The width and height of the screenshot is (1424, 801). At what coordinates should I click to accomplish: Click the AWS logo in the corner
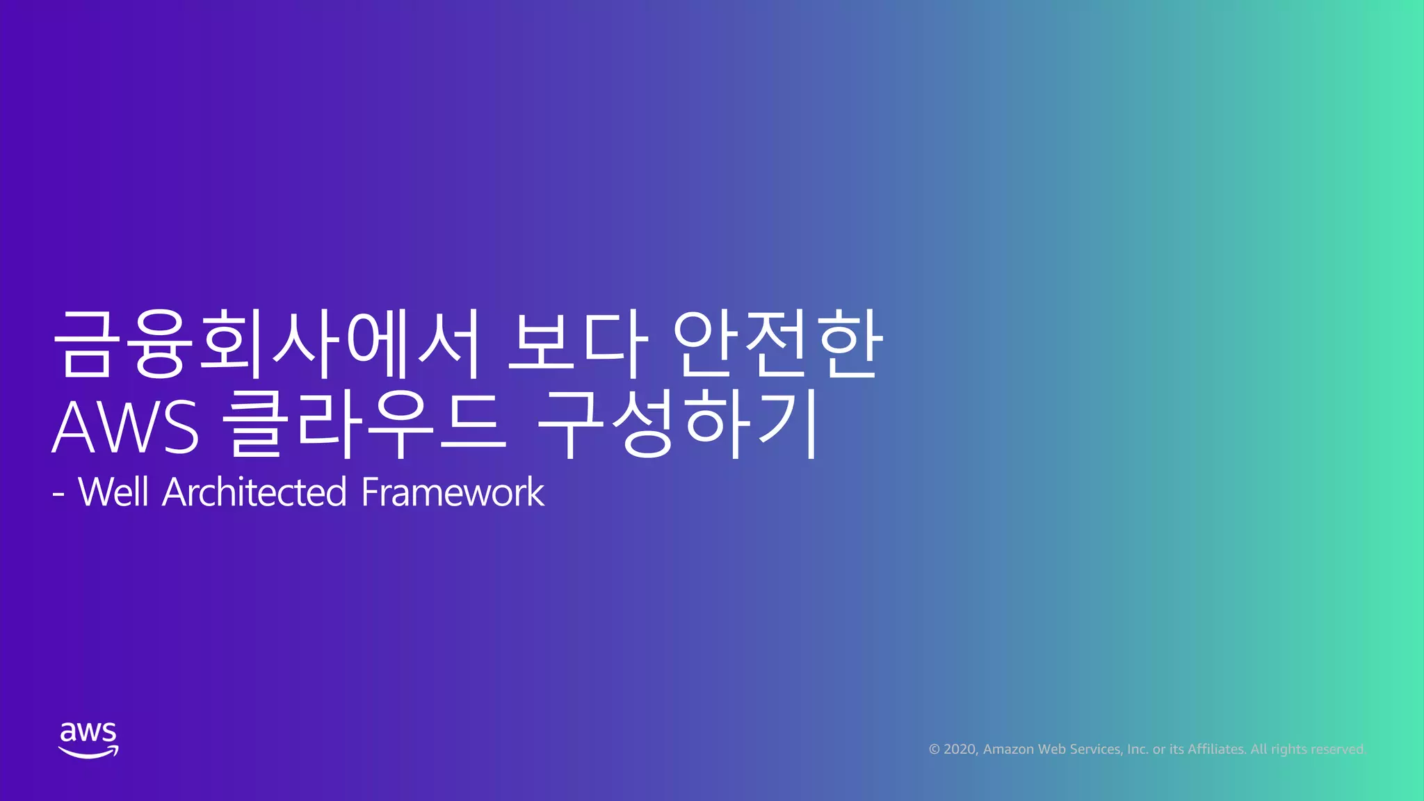(88, 740)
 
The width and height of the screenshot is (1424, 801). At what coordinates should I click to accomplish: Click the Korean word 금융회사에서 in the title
(267, 344)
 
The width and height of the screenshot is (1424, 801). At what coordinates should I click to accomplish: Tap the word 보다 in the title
(577, 344)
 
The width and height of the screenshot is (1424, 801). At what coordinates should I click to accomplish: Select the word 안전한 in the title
(777, 344)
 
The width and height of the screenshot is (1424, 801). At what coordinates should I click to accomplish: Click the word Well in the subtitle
(113, 492)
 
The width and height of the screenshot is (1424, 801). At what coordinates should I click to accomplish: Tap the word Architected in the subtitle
(254, 492)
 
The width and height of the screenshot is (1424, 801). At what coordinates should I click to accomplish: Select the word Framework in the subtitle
(453, 492)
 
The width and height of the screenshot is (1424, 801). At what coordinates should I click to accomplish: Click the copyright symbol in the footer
(934, 750)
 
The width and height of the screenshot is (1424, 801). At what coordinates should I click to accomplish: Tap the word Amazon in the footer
(1008, 750)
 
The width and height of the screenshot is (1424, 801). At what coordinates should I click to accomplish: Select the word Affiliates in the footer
(1216, 750)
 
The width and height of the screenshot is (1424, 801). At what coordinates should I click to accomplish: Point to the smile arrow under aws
(88, 752)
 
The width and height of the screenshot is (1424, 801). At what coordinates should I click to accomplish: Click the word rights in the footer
(1288, 750)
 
